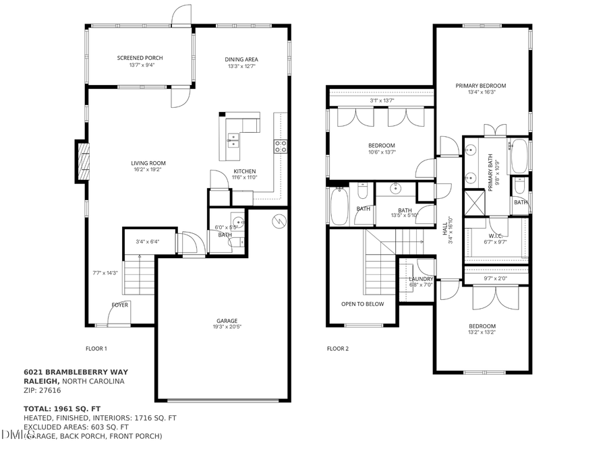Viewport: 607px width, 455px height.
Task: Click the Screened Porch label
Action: pyautogui.click(x=140, y=58)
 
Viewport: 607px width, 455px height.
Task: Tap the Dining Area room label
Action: pyautogui.click(x=241, y=59)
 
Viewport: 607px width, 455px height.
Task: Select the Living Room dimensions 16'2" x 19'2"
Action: pyautogui.click(x=148, y=171)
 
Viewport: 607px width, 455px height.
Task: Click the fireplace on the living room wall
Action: pyautogui.click(x=82, y=162)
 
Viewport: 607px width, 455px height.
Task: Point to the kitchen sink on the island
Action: pyautogui.click(x=233, y=140)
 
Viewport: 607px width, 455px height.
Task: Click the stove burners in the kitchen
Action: pyautogui.click(x=280, y=144)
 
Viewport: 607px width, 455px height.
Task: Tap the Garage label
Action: pyautogui.click(x=227, y=320)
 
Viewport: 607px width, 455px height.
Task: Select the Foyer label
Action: pyautogui.click(x=119, y=305)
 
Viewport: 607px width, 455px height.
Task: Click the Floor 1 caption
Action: pyautogui.click(x=96, y=348)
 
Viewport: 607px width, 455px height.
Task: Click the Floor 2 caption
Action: pyautogui.click(x=337, y=348)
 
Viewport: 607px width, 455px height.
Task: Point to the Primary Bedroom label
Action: pyautogui.click(x=480, y=86)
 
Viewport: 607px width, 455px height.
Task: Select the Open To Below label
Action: pyautogui.click(x=362, y=304)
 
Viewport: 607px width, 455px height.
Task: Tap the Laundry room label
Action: pyautogui.click(x=421, y=279)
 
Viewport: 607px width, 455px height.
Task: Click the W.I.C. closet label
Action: pyautogui.click(x=496, y=236)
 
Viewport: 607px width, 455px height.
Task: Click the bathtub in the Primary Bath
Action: pyautogui.click(x=519, y=156)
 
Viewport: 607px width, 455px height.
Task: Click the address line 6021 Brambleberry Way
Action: pyautogui.click(x=76, y=371)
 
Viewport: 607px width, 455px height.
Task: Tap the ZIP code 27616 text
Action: pyautogui.click(x=42, y=390)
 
